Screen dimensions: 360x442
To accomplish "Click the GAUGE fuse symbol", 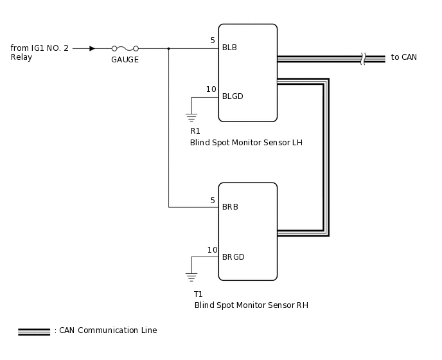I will tap(125, 48).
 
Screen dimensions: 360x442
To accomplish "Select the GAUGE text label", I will tap(125, 60).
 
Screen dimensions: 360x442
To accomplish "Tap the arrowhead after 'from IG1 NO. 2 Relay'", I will tap(93, 48).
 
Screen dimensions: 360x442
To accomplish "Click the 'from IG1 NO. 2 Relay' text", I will tap(39, 53).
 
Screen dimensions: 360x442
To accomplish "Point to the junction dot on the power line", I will tap(168, 48).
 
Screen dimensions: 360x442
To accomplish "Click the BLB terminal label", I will tap(230, 48).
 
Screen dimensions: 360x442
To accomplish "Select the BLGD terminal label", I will tap(233, 96).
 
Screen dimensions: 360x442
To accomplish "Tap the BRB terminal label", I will tap(230, 208).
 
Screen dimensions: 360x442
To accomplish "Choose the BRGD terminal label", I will tap(233, 257).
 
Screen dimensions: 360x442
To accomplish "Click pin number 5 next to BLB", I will tap(213, 40).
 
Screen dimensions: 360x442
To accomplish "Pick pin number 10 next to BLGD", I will tap(211, 89).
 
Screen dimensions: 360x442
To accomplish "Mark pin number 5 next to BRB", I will tap(213, 201).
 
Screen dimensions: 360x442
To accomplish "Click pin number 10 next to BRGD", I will tap(212, 250).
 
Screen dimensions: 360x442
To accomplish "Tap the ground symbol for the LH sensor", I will tap(191, 117).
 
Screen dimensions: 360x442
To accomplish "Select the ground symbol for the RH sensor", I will tap(191, 277).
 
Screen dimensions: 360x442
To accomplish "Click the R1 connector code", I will tap(195, 131).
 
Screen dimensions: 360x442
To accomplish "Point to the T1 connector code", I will tap(199, 294).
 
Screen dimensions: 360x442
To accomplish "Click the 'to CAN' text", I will tap(403, 57).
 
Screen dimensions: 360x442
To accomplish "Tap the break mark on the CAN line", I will tap(364, 59).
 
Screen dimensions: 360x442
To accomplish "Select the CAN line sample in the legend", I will tap(34, 331).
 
